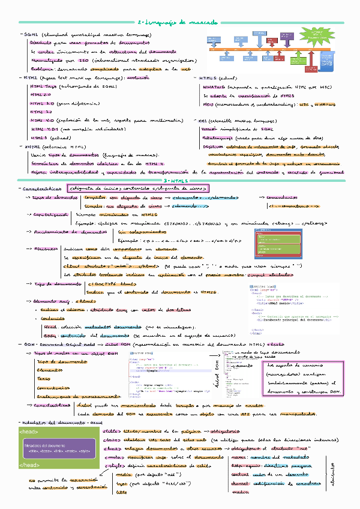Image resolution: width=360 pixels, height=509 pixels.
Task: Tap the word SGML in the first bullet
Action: tap(32, 36)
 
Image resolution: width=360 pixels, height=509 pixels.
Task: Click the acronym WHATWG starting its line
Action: tap(214, 86)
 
